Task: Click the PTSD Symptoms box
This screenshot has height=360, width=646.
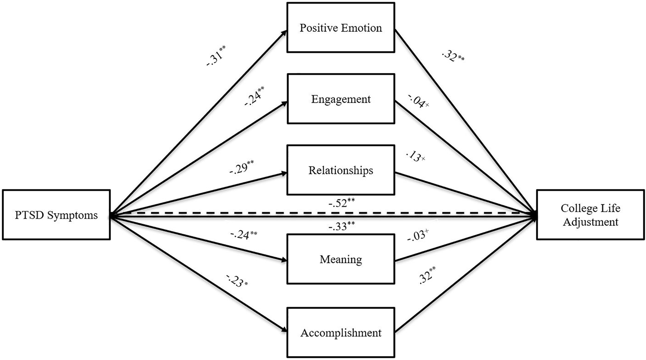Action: pyautogui.click(x=56, y=215)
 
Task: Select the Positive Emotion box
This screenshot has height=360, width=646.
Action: pyautogui.click(x=340, y=28)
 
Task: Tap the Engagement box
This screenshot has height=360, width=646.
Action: pyautogui.click(x=340, y=99)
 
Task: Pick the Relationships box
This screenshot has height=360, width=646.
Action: pyautogui.click(x=340, y=171)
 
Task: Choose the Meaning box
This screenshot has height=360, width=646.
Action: pyautogui.click(x=340, y=259)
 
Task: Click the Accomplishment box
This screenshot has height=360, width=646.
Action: pyautogui.click(x=340, y=333)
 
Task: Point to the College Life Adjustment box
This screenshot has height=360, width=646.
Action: pyautogui.click(x=590, y=215)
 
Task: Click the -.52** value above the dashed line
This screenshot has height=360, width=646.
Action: pyautogui.click(x=341, y=203)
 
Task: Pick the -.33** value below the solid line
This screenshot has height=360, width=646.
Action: pyautogui.click(x=341, y=226)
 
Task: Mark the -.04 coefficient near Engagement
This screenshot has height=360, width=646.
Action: pyautogui.click(x=417, y=102)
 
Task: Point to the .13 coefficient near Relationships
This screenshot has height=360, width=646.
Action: pyautogui.click(x=415, y=157)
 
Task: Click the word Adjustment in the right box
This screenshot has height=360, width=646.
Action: pyautogui.click(x=590, y=222)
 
